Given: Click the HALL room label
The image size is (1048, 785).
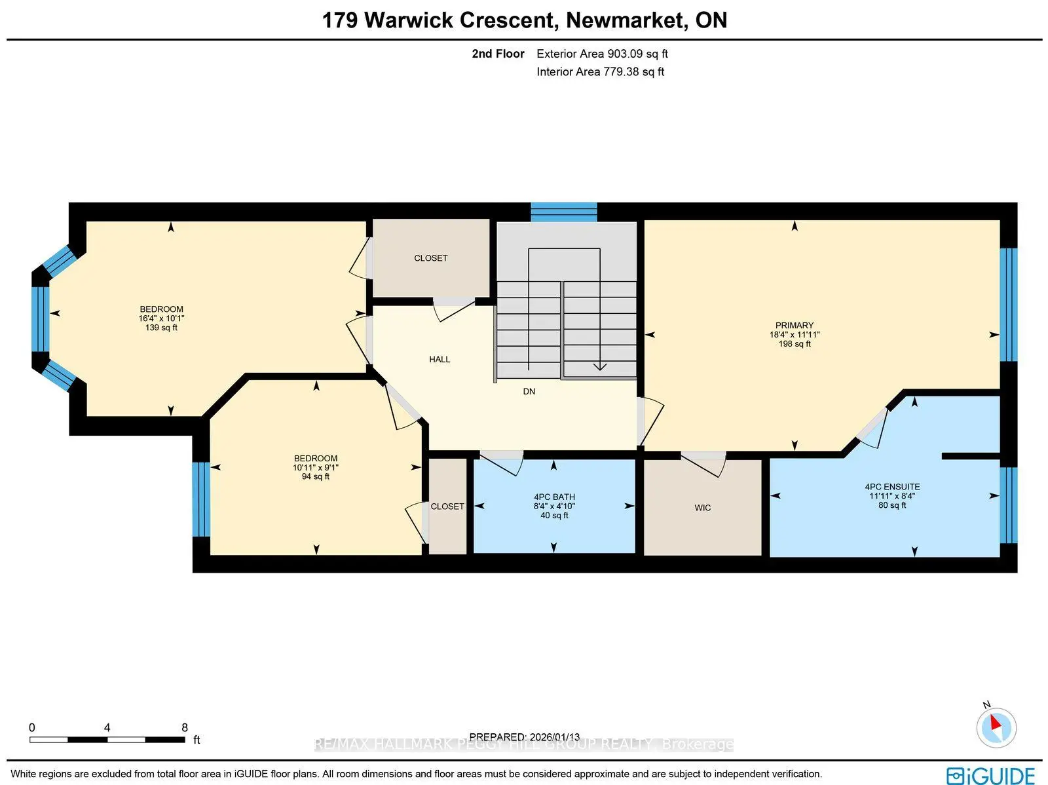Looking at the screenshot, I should tap(440, 359).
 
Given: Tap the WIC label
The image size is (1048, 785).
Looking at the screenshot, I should tap(702, 508).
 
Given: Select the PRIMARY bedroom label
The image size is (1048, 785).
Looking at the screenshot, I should tap(794, 325).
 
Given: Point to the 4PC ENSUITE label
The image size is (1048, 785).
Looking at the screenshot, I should tap(892, 487).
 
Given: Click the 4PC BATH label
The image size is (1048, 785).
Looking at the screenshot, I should tap(554, 497).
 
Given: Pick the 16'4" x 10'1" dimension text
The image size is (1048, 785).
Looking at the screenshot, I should tap(161, 318).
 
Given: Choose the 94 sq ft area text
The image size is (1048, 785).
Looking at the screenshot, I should tap(315, 477).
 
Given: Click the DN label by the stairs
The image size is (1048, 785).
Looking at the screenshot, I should tap(529, 391).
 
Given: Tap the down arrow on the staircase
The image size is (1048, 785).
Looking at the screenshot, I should tap(599, 366).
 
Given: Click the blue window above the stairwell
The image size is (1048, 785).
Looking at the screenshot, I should tap(563, 212).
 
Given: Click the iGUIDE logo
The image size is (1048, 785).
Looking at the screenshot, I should tap(990, 775).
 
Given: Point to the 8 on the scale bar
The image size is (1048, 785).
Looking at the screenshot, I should tap(185, 727).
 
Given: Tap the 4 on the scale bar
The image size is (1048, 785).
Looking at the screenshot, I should tap(107, 727).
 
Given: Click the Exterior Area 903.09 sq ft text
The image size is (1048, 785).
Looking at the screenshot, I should tap(602, 54).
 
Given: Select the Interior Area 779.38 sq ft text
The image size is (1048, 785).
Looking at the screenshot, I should tap(600, 71).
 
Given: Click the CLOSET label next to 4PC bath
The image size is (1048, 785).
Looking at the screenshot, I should tap(447, 507).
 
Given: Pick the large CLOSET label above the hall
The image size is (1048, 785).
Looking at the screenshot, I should tap(430, 258).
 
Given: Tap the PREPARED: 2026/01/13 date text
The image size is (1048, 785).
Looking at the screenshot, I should tap(524, 737).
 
